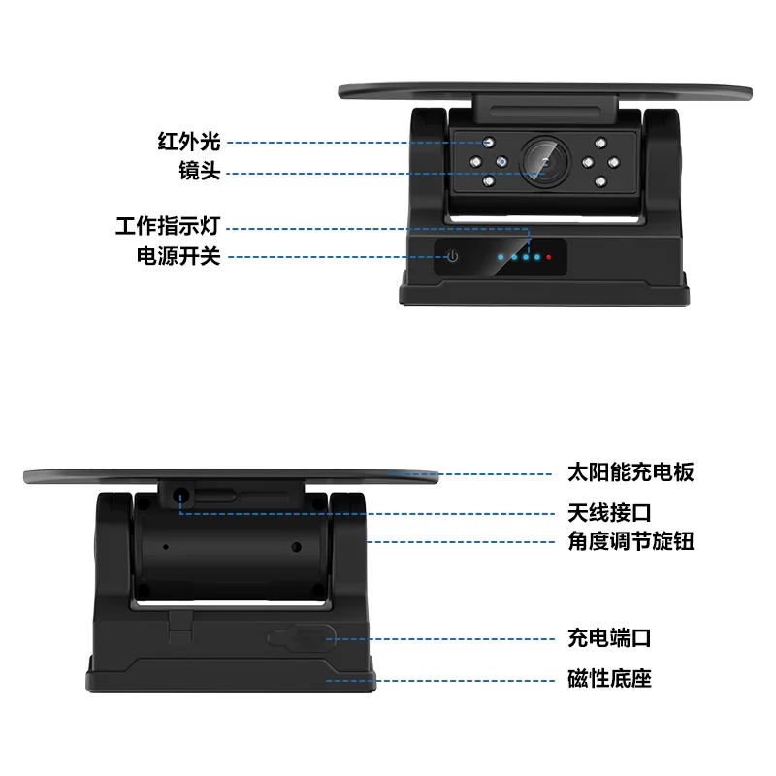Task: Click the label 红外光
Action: point(189,142)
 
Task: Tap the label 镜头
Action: point(200,171)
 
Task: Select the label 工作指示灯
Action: point(168,226)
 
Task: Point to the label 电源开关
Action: point(178,256)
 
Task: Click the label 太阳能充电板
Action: point(630,472)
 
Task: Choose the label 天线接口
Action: point(609,513)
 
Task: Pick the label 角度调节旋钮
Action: point(630,541)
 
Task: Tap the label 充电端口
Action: point(609,638)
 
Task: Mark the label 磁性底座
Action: point(609,678)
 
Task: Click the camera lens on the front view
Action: point(545,162)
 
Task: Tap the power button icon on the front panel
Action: point(452,256)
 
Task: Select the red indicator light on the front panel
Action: point(548,257)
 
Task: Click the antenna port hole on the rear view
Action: point(180,496)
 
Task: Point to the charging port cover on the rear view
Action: point(302,637)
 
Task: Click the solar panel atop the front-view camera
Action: point(545,92)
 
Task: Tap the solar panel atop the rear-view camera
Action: point(231,476)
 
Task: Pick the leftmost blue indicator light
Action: point(501,257)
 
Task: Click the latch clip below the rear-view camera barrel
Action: point(180,627)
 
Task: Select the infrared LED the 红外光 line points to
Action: point(489,143)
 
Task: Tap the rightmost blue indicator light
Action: point(537,257)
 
